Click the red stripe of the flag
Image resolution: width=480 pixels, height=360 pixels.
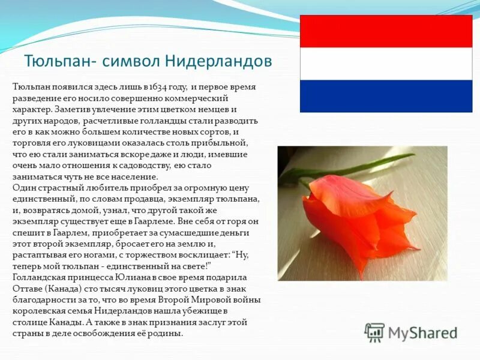[x=386, y=31]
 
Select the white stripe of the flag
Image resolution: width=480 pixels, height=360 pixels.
[x=386, y=64]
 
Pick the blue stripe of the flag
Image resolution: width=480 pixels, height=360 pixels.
[x=386, y=96]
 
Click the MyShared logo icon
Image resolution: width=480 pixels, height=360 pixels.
[x=374, y=332]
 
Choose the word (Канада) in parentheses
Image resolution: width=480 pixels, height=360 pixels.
[x=62, y=288]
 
